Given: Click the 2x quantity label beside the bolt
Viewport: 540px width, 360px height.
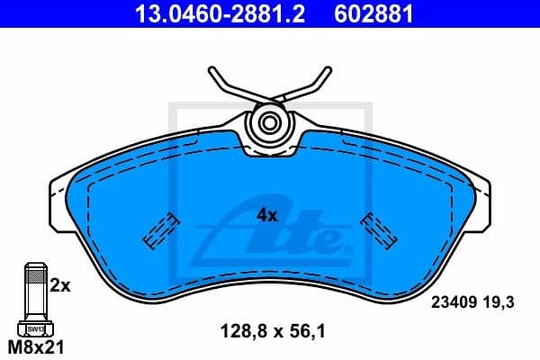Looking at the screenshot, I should (x=60, y=285).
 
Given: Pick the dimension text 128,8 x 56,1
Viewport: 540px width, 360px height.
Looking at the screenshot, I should (x=272, y=330).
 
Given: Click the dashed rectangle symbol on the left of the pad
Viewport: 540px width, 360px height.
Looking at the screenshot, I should (x=160, y=230).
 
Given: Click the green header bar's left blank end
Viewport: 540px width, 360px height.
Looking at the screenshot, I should (x=54, y=14).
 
